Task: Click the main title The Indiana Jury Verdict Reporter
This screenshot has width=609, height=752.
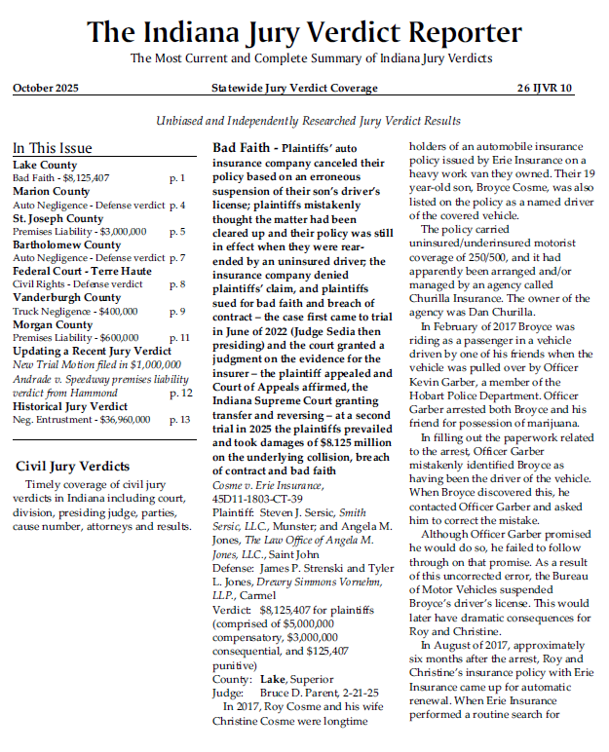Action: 303,32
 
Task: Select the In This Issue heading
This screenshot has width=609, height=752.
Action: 53,148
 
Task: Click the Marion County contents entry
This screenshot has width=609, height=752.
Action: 52,192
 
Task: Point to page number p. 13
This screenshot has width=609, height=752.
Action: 180,420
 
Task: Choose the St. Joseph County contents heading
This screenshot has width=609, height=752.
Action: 57,219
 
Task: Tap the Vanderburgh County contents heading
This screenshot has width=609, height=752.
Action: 67,298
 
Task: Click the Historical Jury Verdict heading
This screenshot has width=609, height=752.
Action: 70,406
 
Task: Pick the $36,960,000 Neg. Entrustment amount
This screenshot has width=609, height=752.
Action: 119,420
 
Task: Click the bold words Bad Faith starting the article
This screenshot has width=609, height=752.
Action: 240,148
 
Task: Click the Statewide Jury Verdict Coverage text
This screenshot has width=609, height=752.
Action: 294,89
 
